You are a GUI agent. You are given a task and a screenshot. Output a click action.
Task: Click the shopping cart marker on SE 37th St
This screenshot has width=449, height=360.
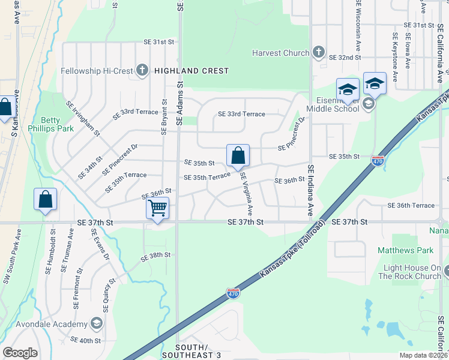point(157,209)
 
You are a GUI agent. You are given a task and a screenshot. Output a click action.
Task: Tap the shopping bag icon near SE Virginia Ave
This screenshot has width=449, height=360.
point(238,155)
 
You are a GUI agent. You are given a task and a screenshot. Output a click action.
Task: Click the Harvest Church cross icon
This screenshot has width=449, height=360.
point(318,53)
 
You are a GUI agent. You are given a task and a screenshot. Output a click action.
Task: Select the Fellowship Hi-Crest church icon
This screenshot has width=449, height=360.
point(142,71)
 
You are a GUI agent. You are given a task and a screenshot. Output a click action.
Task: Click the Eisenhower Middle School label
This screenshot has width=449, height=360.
point(333,104)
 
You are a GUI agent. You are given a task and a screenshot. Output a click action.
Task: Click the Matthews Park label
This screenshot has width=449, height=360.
point(397,250)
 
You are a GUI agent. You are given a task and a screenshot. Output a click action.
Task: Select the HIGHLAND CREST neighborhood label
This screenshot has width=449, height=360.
point(191,71)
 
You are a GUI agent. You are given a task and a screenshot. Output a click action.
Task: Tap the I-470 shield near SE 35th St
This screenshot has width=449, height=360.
point(378,161)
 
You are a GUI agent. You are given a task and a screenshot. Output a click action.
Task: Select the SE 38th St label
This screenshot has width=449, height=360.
point(156,255)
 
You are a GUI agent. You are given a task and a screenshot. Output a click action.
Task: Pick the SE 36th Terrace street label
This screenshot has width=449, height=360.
point(411,206)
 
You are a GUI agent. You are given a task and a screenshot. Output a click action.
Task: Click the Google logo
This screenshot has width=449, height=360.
point(20,352)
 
